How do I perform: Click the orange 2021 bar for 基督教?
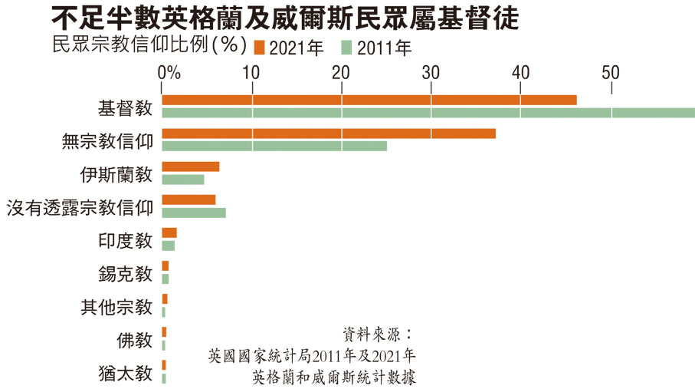tap(369, 100)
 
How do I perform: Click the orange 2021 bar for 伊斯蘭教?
tap(190, 166)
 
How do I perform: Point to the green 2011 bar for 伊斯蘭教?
tap(183, 180)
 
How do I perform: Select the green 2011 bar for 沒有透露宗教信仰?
tap(193, 213)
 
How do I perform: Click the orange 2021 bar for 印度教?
tap(169, 232)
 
